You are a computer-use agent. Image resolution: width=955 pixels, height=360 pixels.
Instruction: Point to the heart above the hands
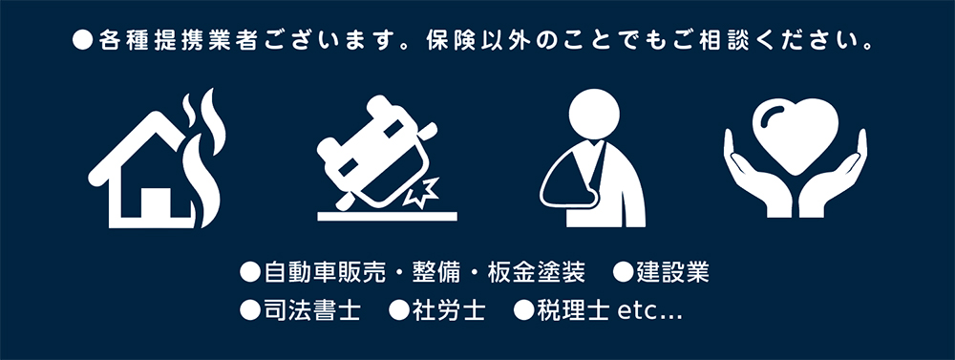[795, 136]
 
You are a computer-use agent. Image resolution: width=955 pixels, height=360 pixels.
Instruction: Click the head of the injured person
[594, 115]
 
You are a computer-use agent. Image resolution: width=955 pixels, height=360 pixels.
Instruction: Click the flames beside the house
[206, 159]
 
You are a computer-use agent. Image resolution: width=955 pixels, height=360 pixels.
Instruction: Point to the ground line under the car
[387, 216]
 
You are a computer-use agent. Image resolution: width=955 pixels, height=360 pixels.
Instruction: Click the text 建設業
[673, 273]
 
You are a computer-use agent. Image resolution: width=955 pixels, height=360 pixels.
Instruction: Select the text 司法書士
[312, 310]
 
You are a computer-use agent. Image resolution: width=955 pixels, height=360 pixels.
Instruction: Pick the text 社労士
[449, 310]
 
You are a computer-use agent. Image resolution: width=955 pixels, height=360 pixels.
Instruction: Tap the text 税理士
[573, 310]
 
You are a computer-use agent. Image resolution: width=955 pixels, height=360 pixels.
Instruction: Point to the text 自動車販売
[325, 273]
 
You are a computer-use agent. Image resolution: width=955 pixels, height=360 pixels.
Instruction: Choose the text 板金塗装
[537, 273]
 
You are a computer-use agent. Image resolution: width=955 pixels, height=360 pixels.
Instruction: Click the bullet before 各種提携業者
[82, 41]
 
